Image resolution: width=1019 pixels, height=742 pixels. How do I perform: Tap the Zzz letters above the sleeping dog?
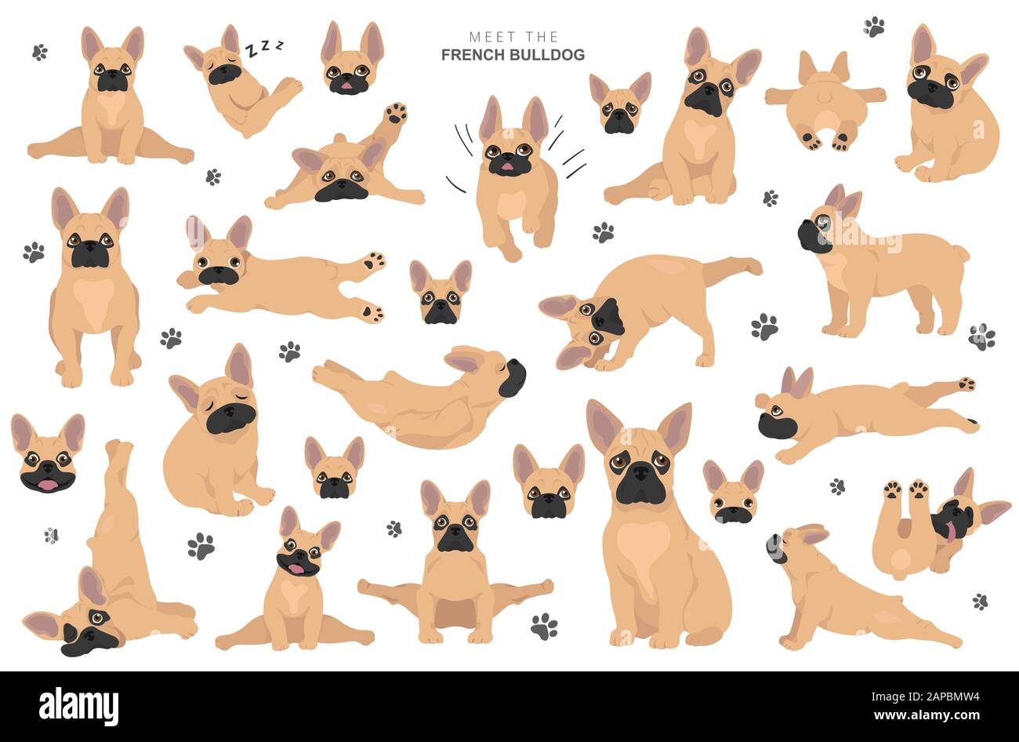tap(264, 47)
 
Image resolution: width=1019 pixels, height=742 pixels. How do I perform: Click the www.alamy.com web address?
tap(927, 715)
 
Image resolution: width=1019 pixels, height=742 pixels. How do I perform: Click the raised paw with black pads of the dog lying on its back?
tap(396, 114)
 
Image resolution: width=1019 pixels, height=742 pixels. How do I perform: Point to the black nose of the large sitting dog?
tap(639, 474)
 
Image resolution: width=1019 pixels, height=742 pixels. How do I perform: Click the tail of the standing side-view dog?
tap(961, 254)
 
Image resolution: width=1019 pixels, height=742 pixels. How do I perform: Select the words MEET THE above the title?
tap(513, 36)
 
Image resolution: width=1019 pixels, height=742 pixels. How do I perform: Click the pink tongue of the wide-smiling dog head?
tap(47, 485)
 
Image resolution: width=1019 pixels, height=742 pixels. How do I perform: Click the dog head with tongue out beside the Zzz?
tap(352, 59)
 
